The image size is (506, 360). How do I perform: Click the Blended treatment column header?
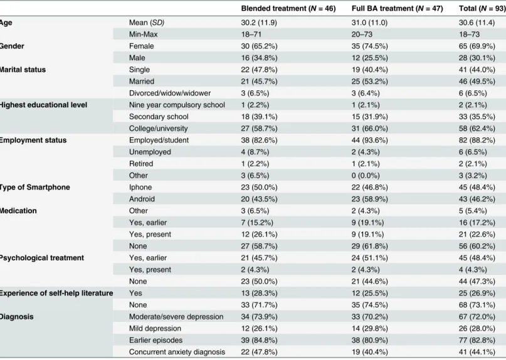288,8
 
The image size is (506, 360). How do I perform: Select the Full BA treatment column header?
397,8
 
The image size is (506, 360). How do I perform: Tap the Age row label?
6,23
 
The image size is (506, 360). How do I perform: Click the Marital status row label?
23,70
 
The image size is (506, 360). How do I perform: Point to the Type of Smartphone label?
35,188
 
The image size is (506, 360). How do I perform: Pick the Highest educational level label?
43,105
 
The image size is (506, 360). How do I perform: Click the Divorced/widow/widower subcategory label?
170,93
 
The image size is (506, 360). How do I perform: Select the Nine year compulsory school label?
177,105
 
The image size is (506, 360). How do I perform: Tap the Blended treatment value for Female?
259,46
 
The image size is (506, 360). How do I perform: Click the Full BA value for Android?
370,199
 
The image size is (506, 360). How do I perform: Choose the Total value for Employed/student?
477,140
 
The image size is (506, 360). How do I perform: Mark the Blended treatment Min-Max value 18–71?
251,34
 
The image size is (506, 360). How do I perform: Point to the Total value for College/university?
477,129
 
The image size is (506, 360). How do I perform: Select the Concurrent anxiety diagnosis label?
177,352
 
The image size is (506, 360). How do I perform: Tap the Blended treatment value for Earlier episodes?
259,340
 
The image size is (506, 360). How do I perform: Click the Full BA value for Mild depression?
370,329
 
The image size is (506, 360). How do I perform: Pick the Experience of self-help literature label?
56,293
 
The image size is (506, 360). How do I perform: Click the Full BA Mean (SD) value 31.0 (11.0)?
369,23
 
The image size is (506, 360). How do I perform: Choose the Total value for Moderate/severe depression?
477,317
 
